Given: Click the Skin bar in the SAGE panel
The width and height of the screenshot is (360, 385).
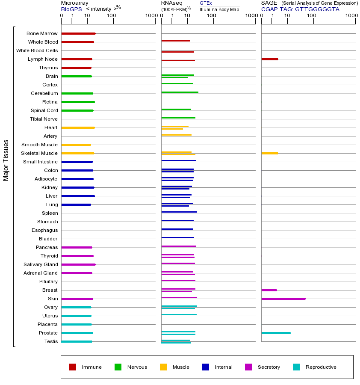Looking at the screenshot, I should (x=283, y=299).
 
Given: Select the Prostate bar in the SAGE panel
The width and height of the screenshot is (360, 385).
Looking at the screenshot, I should (x=276, y=333).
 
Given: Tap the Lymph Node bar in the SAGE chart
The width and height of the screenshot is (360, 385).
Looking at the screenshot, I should (x=269, y=59).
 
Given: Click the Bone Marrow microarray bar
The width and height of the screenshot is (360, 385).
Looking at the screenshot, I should (x=78, y=33).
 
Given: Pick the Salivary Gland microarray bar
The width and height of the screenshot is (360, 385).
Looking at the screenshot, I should (x=78, y=264).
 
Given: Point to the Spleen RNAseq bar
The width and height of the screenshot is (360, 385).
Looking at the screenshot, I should (x=179, y=212).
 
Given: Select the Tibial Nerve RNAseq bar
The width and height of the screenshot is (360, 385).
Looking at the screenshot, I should (x=178, y=118).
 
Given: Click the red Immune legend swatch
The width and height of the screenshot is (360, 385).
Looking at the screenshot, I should (x=73, y=367).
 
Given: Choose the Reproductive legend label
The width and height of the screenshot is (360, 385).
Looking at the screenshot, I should (x=321, y=367).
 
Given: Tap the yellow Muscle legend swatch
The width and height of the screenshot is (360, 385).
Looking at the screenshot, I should (x=163, y=367).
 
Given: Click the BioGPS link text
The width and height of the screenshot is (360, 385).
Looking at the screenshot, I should (x=71, y=9).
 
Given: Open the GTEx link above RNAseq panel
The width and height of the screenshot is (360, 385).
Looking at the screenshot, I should (x=206, y=3).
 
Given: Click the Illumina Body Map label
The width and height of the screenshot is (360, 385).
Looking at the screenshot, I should (x=219, y=9).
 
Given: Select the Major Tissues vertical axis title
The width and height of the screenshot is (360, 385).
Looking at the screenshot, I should (x=6, y=160).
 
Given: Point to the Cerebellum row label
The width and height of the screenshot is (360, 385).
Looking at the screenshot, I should (x=44, y=93).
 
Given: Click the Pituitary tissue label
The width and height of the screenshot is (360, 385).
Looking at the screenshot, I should (x=48, y=281).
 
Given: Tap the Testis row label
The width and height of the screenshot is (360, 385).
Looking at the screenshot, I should (x=51, y=341).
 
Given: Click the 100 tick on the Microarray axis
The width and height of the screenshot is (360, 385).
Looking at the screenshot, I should (x=111, y=16).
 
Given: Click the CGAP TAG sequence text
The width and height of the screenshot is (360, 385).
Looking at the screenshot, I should (x=300, y=9).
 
